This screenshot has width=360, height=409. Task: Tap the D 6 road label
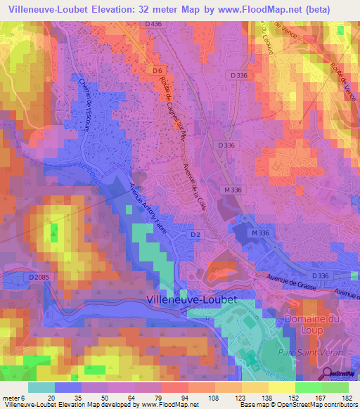pyautogui.click(x=157, y=70)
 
